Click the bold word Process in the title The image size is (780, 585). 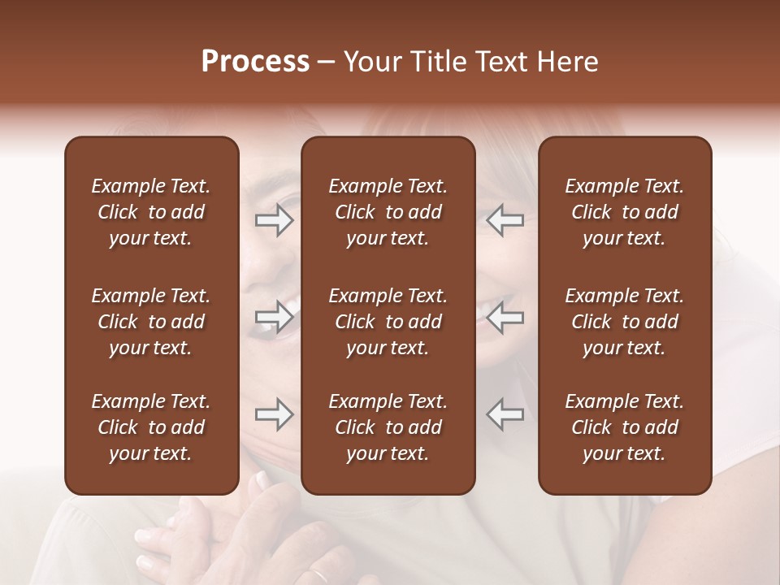255,62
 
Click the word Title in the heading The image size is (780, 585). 449,62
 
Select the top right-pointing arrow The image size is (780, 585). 274,221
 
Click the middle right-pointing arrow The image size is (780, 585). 274,317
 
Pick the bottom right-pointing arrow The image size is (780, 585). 274,414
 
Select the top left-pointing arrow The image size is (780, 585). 505,221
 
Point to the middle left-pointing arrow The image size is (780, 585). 505,317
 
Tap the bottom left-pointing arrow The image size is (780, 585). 505,414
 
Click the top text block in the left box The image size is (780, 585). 151,212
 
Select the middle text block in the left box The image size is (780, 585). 151,322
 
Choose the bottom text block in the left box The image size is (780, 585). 151,427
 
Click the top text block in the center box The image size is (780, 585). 388,212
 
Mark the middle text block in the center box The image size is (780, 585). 388,322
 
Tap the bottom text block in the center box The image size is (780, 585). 388,427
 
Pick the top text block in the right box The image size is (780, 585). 625,212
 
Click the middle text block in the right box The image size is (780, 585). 625,322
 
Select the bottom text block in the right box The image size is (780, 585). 625,427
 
